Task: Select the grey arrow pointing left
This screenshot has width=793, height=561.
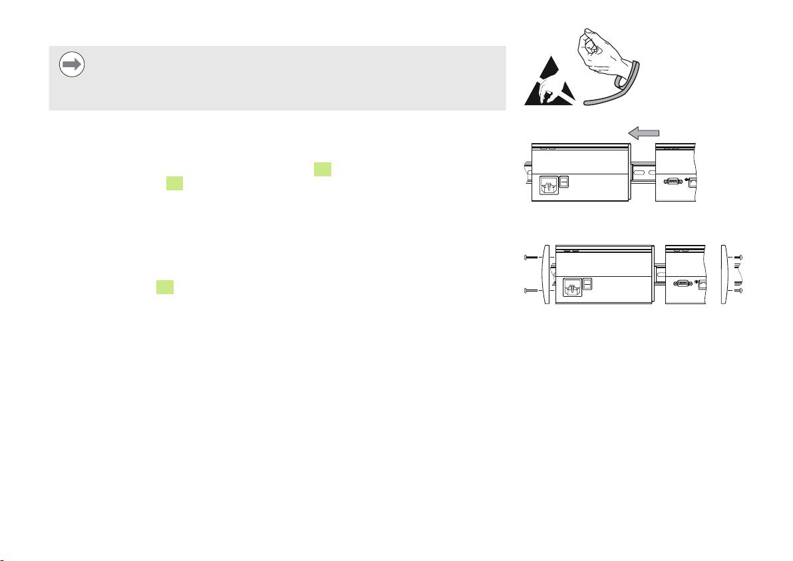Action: (x=645, y=134)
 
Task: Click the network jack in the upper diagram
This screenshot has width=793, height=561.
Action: (x=692, y=181)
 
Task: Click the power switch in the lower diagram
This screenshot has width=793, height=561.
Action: (x=587, y=284)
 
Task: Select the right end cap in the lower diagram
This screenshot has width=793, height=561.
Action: (x=727, y=274)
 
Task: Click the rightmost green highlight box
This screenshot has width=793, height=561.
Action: (x=323, y=170)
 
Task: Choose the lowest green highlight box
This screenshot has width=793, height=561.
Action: (x=165, y=287)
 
